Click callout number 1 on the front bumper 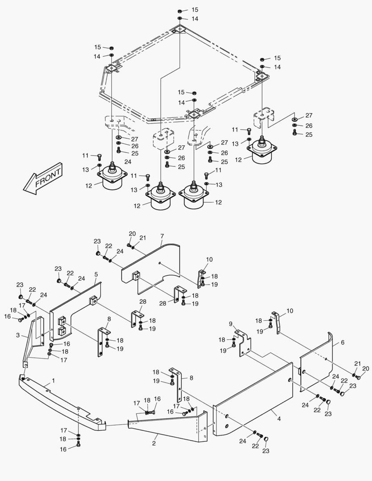[x=53, y=381]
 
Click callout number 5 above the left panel [x=96, y=275]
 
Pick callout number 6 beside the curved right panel [x=343, y=343]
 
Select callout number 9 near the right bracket [x=231, y=324]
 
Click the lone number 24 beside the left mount [x=128, y=162]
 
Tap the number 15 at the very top [x=195, y=9]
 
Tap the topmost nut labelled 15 [x=179, y=10]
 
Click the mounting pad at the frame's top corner [x=179, y=29]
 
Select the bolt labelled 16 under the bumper [x=78, y=444]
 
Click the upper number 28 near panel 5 [x=143, y=302]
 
